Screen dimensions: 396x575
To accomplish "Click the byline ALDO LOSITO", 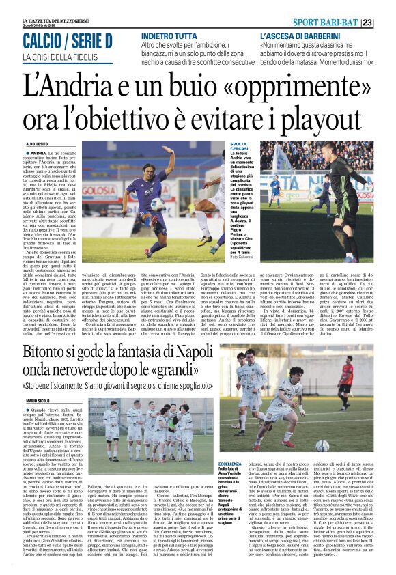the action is (x=37, y=145).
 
